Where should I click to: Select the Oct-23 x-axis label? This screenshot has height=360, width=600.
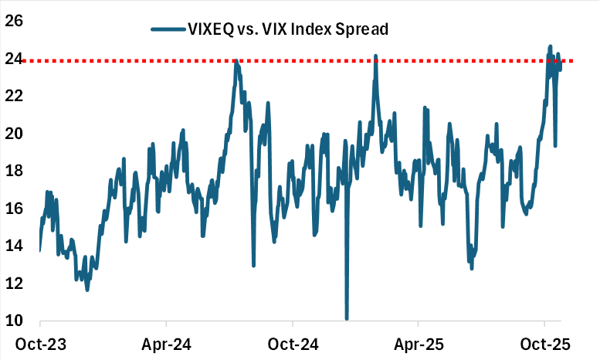(x=40, y=342)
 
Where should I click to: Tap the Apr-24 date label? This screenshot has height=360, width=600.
(x=166, y=342)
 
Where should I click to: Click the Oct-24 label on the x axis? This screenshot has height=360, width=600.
(x=292, y=342)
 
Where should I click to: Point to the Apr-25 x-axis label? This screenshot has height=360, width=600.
(x=418, y=342)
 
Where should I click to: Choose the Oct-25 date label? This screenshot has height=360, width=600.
(x=544, y=342)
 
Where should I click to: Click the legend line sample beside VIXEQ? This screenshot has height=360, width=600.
(x=168, y=29)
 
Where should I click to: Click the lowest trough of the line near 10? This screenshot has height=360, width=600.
(x=347, y=318)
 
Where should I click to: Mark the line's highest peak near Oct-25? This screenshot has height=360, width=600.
(x=550, y=46)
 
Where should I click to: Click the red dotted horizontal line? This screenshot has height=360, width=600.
(x=309, y=60)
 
